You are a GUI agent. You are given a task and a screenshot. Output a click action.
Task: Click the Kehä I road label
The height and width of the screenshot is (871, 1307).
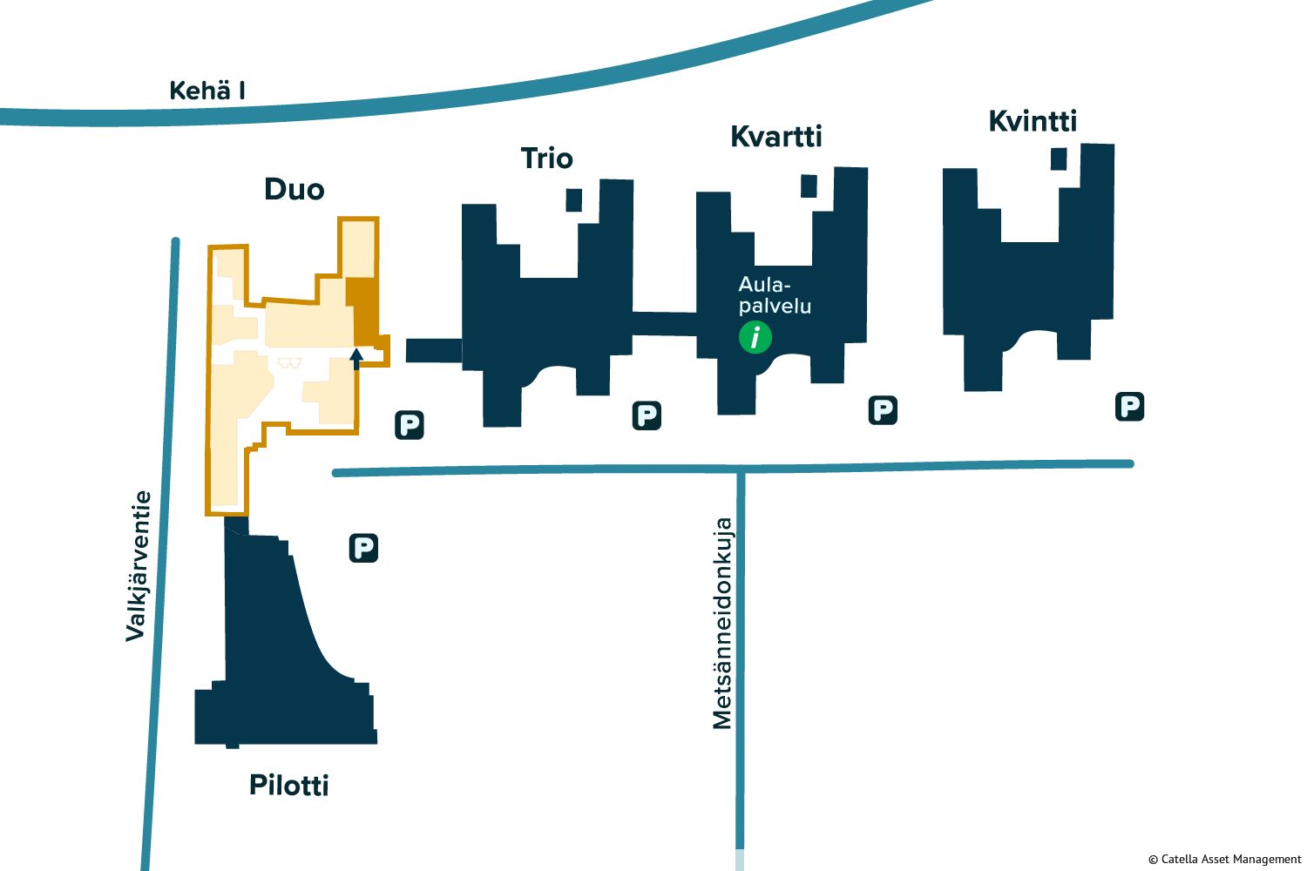coord(207,91)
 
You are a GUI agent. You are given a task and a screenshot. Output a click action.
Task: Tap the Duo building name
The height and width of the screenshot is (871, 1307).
coord(295,190)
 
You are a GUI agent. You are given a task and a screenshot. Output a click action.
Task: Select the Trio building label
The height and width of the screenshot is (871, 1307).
coord(546,159)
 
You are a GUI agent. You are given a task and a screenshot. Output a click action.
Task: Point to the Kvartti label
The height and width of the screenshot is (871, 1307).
coord(775,137)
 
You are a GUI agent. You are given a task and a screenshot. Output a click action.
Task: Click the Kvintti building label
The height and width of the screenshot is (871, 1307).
coord(1033,121)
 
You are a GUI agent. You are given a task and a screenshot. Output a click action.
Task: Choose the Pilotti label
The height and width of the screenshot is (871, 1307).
coord(289,786)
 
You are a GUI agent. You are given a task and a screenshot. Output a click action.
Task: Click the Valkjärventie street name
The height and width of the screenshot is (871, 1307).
coord(138,566)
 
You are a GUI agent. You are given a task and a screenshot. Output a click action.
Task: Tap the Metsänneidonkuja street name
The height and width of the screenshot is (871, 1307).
coord(722,624)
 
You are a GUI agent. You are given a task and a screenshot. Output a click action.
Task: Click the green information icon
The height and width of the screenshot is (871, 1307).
coord(755,336)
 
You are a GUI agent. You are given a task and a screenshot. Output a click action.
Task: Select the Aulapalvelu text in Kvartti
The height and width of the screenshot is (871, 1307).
coord(774,295)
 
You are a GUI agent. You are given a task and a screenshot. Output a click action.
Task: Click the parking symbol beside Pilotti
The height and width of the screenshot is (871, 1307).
coord(363,548)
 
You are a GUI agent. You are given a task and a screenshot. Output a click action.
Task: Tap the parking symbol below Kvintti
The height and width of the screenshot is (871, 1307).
coord(1129,406)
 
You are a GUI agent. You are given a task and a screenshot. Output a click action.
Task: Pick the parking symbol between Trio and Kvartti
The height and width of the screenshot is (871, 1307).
coord(647,415)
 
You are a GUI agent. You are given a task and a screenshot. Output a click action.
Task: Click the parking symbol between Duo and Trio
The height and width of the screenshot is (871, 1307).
coord(409,425)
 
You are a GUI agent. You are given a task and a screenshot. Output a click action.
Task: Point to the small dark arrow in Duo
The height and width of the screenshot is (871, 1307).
coord(356,358)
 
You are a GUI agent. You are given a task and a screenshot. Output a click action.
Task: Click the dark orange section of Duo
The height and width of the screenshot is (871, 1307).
coord(363,310)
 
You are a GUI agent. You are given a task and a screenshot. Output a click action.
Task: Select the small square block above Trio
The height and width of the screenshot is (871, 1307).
coord(573,199)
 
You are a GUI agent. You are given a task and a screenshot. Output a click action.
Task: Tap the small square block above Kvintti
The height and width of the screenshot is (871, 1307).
coord(1059,159)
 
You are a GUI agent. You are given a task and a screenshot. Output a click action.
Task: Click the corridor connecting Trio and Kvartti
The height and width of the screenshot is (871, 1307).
coord(664,323)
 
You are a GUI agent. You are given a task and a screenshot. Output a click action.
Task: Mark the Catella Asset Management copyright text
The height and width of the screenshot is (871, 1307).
coord(1224,860)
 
